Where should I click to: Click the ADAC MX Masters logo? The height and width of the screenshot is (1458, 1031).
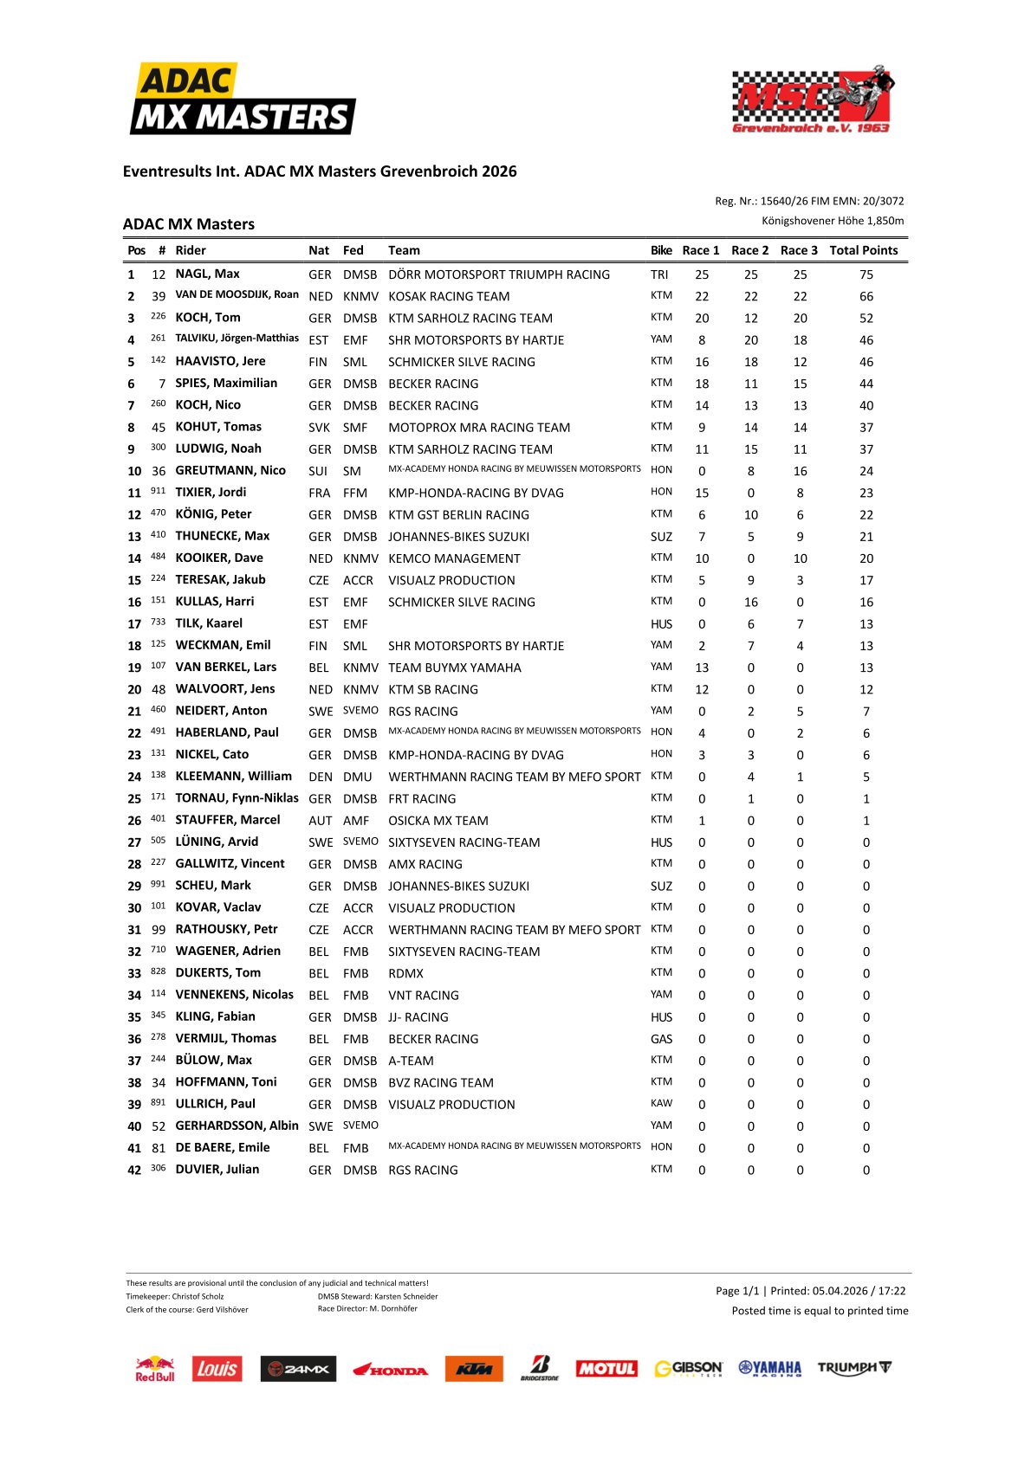pyautogui.click(x=243, y=99)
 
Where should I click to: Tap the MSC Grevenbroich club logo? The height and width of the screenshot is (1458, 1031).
pyautogui.click(x=812, y=100)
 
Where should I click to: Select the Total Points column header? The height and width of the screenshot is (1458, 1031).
pyautogui.click(x=863, y=250)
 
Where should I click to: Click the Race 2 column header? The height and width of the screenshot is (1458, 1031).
pyautogui.click(x=749, y=250)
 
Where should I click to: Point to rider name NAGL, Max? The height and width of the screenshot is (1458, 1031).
pyautogui.click(x=207, y=274)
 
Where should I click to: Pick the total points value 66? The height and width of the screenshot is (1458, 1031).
pyautogui.click(x=866, y=296)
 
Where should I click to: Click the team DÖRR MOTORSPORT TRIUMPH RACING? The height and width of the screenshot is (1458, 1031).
pyautogui.click(x=499, y=274)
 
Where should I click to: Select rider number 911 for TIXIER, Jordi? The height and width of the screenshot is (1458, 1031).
pyautogui.click(x=158, y=491)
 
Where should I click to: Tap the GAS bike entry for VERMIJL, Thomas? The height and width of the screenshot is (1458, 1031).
pyautogui.click(x=661, y=1039)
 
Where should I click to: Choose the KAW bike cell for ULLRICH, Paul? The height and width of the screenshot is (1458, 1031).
pyautogui.click(x=661, y=1104)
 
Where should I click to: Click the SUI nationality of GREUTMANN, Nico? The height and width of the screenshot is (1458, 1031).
pyautogui.click(x=318, y=471)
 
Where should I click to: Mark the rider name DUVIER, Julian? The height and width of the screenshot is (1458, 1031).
pyautogui.click(x=217, y=1169)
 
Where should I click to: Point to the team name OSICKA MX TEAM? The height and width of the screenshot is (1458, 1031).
pyautogui.click(x=438, y=821)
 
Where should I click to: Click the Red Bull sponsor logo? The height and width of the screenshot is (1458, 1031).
pyautogui.click(x=155, y=1369)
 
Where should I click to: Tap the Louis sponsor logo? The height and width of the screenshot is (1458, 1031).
pyautogui.click(x=217, y=1369)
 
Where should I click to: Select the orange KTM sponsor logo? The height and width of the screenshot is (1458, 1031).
pyautogui.click(x=474, y=1369)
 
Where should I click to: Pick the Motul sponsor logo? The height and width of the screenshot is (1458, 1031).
pyautogui.click(x=606, y=1369)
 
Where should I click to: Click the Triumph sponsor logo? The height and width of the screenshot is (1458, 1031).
pyautogui.click(x=854, y=1368)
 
